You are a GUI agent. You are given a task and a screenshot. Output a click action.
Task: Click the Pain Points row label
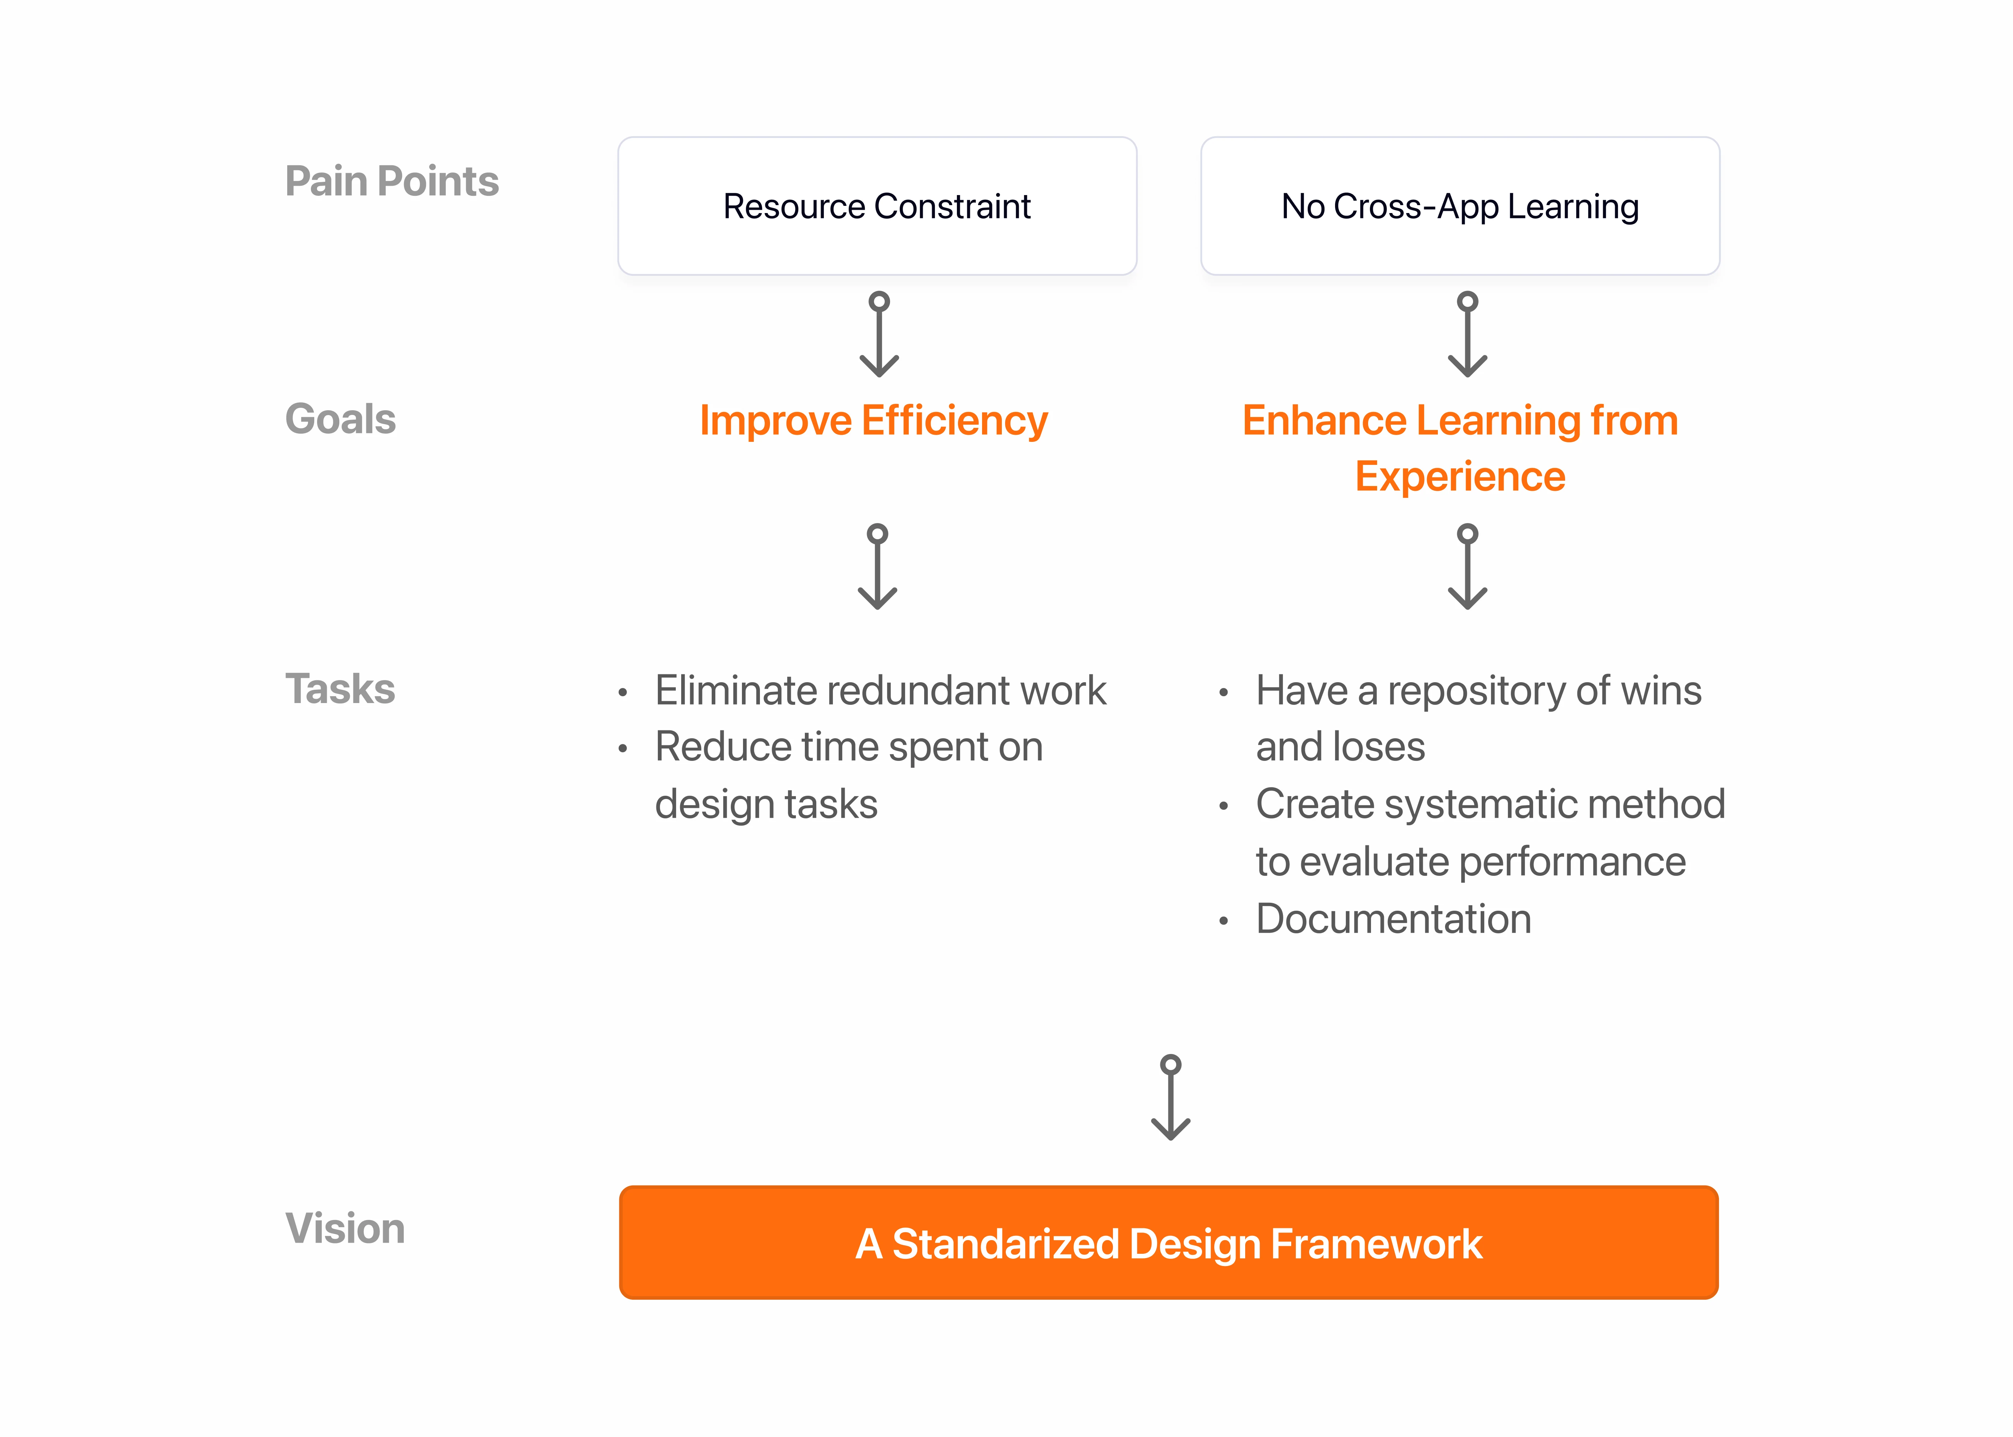point(391,181)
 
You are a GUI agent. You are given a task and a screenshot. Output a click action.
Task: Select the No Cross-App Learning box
point(1460,206)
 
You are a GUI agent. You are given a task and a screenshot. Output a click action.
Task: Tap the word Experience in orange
point(1460,477)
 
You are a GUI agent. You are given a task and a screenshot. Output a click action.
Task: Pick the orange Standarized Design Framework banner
point(1169,1242)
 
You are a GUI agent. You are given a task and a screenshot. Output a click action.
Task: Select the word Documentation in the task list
point(1393,919)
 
